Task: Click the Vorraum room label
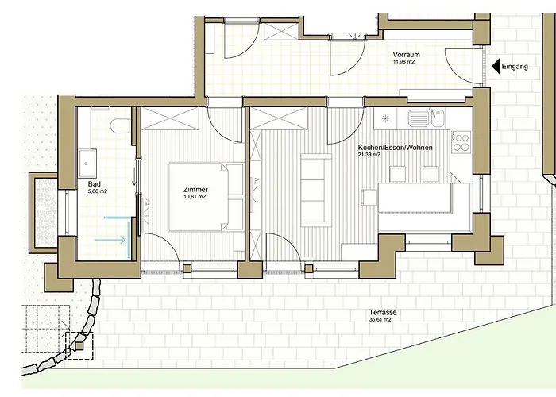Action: tap(406, 55)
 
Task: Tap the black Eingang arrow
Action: tap(496, 66)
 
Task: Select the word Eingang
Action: tap(515, 67)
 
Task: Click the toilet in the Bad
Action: tap(120, 125)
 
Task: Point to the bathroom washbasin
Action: tap(87, 163)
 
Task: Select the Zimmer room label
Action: tap(195, 190)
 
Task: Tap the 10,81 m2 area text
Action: tap(195, 197)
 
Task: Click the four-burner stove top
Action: tap(461, 142)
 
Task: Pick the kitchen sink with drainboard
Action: tap(427, 118)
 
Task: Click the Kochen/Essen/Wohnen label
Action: tap(395, 148)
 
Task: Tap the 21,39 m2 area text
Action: tap(369, 155)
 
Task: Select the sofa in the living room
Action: tap(316, 190)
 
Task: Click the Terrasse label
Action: tap(383, 313)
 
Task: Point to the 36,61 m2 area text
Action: tap(380, 320)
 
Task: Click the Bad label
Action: tap(95, 184)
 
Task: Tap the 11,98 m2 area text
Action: tap(403, 62)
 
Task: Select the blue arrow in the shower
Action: tap(110, 240)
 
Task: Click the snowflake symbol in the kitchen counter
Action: tap(385, 118)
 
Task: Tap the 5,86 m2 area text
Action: tap(98, 191)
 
